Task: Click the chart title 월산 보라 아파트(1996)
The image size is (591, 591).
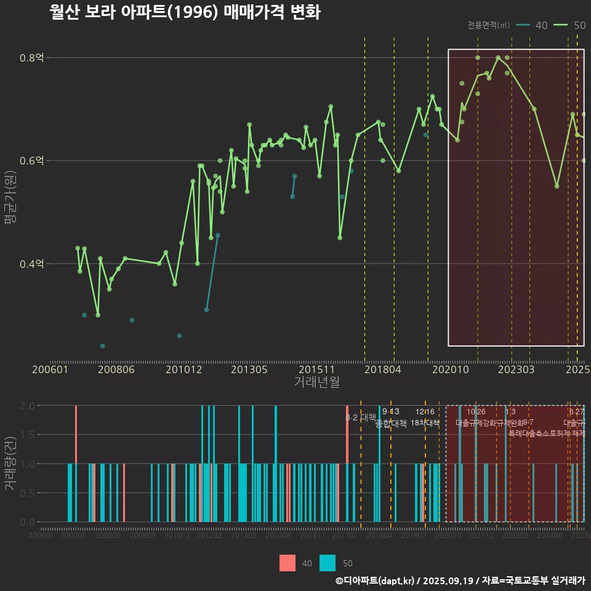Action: coord(185,12)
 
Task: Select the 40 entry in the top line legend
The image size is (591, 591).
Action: coord(541,25)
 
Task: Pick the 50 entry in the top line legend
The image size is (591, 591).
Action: coord(579,25)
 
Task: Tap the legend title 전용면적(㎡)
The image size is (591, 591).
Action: coord(488,25)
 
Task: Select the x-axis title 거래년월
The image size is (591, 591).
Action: coord(316,382)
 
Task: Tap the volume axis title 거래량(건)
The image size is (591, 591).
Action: coord(10,464)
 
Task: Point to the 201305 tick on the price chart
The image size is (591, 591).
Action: coord(249,370)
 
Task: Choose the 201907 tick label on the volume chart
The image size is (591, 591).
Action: coord(414,536)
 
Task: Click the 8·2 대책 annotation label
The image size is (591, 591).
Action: coord(361,417)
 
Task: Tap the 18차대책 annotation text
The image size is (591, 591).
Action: coord(425,423)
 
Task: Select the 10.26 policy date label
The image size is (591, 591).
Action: coord(476,411)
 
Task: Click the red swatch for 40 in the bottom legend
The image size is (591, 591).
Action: coord(287,563)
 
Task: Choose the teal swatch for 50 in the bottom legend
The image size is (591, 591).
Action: coord(328,563)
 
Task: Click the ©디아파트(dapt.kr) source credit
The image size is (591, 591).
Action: coord(376,581)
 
